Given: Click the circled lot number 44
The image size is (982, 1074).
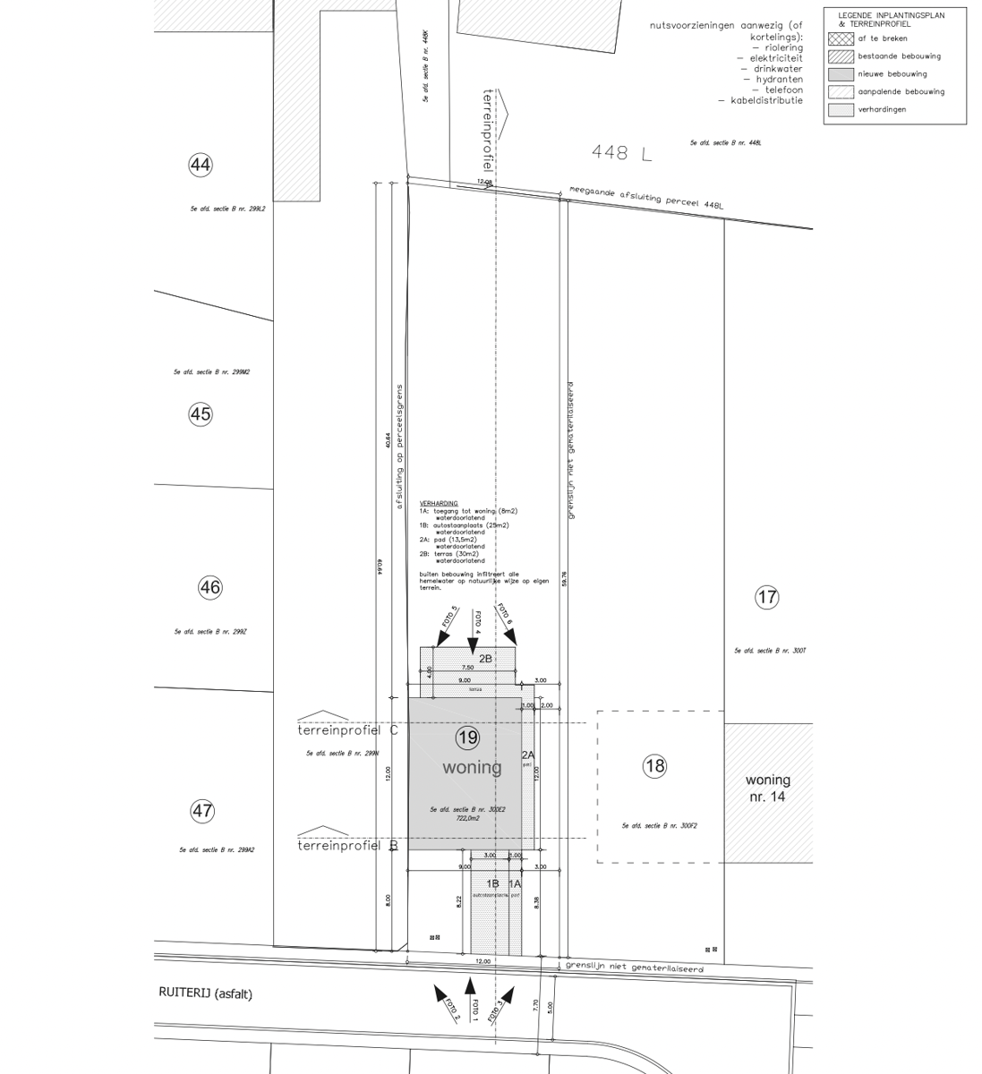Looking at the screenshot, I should click(x=201, y=165).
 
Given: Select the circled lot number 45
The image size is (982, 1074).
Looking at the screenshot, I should click(x=201, y=413).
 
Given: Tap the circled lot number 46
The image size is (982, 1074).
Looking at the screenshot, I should click(x=209, y=588).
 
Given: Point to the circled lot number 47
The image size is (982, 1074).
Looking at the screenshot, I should click(x=202, y=811).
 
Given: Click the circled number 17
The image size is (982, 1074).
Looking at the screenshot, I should click(x=767, y=597).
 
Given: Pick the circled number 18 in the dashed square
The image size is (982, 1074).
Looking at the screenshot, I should click(x=655, y=765).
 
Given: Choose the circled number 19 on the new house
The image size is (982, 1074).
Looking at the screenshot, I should click(x=467, y=737).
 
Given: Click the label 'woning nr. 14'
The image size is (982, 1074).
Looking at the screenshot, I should click(x=767, y=788).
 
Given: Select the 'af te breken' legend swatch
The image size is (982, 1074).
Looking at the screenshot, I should click(x=841, y=38).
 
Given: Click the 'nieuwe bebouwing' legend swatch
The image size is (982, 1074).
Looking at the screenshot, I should click(x=841, y=74).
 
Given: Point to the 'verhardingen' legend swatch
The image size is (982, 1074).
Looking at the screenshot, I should click(x=841, y=109).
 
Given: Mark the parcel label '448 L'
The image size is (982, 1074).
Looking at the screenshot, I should click(x=621, y=153).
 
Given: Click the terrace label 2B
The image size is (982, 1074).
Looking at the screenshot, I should click(x=485, y=659).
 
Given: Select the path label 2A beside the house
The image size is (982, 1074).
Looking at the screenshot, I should click(x=527, y=755).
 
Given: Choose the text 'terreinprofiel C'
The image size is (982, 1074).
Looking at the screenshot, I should click(x=348, y=730).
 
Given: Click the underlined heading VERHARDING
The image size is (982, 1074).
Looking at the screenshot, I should click(x=439, y=504).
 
